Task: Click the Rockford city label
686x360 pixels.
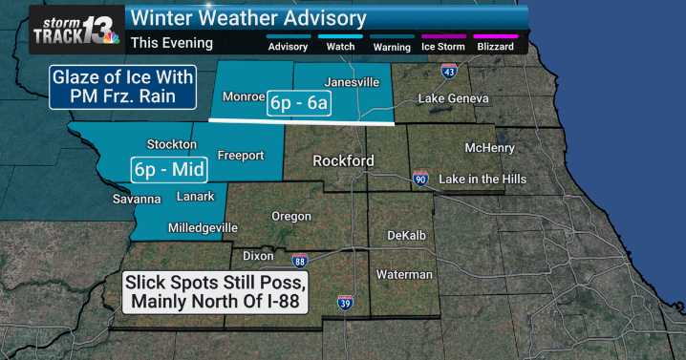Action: click(344, 161)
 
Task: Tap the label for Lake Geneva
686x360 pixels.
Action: click(454, 99)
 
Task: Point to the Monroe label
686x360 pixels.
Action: click(243, 97)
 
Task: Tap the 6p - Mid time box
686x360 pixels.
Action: click(161, 171)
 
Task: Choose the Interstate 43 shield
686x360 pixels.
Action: click(449, 72)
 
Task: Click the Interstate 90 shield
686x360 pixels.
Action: click(420, 179)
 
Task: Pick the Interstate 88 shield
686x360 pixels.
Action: click(299, 260)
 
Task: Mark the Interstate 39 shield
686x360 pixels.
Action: click(345, 303)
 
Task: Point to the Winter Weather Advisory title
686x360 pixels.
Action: click(247, 17)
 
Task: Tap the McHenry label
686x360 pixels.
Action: click(489, 148)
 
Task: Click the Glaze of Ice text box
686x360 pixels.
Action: click(123, 87)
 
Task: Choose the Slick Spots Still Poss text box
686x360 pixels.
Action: click(214, 293)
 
